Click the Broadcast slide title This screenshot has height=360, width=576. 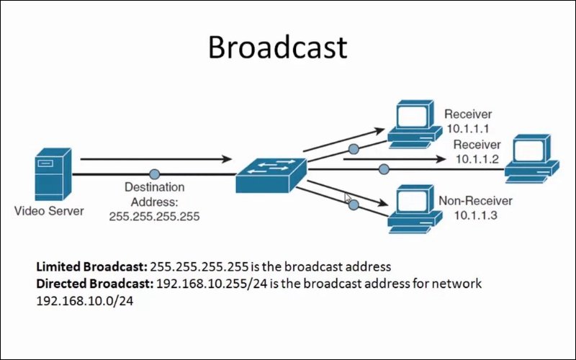[277, 48]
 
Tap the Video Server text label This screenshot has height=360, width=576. [49, 211]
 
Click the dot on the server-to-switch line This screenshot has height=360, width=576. [154, 174]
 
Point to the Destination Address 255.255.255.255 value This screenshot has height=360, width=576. [154, 215]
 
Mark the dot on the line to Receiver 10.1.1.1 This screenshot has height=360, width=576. [353, 148]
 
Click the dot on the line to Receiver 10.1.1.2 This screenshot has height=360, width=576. [384, 169]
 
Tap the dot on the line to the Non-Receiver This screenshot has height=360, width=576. [354, 205]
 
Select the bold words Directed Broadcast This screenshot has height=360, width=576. [94, 283]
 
